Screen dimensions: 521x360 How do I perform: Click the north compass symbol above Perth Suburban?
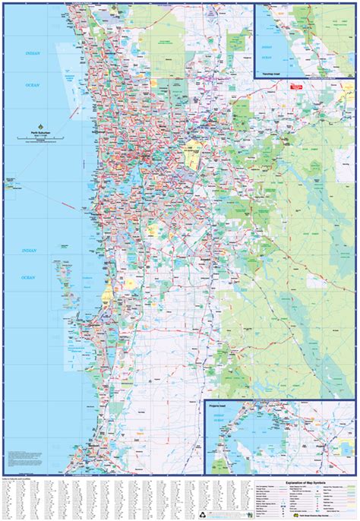tap(42, 128)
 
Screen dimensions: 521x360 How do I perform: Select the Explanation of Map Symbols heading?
tap(285, 481)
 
